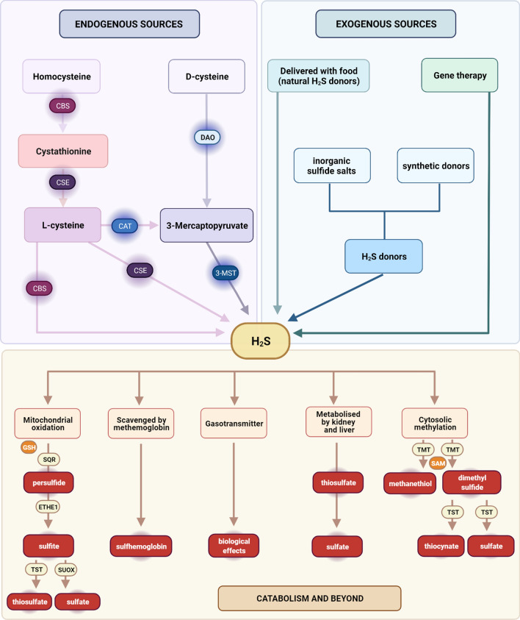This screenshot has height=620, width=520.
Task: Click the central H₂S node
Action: [259, 340]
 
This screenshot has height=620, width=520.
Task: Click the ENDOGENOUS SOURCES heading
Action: [131, 24]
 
